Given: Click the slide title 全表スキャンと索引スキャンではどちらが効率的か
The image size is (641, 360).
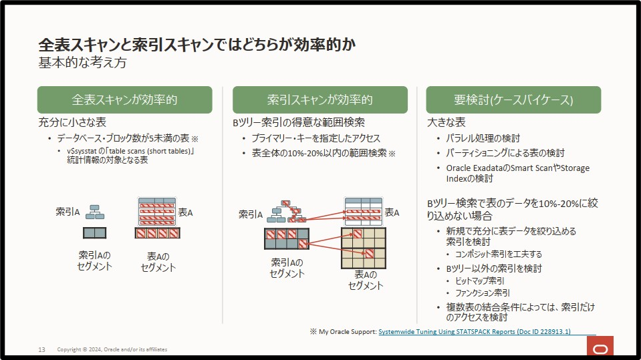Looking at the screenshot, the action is click(197, 45).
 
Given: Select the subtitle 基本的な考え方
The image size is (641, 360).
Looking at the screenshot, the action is click(83, 63).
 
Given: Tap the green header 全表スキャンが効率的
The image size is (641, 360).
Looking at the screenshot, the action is click(125, 100).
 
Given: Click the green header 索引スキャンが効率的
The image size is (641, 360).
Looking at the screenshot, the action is click(320, 100).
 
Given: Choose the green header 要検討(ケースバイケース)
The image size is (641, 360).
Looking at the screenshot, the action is click(513, 100).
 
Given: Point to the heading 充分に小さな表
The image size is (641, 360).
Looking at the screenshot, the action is click(72, 122).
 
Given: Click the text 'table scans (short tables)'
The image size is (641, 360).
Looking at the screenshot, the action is click(150, 151).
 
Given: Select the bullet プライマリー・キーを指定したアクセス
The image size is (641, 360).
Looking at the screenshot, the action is click(316, 138).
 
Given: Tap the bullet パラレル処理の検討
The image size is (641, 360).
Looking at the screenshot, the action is click(483, 138).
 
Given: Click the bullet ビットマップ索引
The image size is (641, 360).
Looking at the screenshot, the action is click(480, 281).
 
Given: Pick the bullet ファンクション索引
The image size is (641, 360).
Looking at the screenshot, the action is click(483, 293).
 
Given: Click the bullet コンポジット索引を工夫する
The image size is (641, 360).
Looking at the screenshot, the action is click(499, 254).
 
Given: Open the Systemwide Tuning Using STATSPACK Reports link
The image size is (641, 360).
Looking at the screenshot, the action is click(475, 332).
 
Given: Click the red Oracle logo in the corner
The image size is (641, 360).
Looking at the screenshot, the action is click(600, 346).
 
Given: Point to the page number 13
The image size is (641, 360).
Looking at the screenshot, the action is click(41, 350).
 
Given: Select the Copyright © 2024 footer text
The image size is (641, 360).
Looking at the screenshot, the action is click(112, 349).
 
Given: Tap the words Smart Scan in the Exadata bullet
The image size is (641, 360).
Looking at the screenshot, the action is click(531, 168).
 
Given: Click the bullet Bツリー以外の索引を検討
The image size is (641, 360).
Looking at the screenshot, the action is click(494, 268).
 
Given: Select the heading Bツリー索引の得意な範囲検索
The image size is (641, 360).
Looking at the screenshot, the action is click(299, 122).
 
